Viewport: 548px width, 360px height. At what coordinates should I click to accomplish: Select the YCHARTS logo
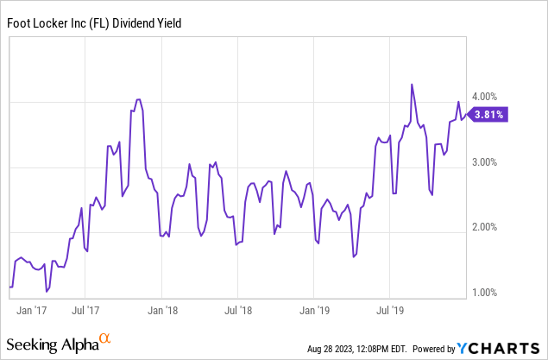500,348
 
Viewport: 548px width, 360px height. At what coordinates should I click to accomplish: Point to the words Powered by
433,349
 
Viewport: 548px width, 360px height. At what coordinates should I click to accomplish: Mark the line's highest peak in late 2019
412,85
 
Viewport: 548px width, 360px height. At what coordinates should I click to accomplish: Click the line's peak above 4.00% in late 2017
138,100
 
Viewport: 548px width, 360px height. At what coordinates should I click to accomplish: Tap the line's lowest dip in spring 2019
354,256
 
